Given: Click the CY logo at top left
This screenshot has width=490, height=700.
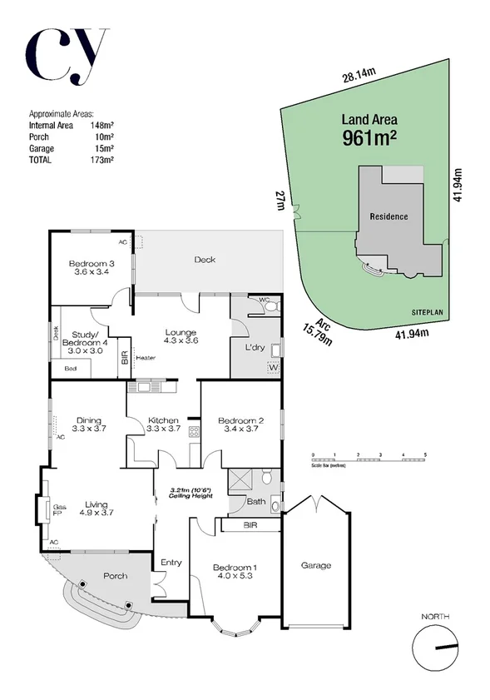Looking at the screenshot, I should pos(67,57).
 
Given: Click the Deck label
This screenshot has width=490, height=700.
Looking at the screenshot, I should pos(205,260).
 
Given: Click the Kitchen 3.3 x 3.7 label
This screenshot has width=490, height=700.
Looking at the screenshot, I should pos(164,424).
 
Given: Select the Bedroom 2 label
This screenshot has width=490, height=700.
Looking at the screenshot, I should pos(240,426).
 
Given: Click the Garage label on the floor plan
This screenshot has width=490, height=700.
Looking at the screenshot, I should pos(315,565).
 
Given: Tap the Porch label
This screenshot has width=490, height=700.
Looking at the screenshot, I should pos(115,576).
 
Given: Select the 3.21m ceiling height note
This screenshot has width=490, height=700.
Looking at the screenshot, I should pos(191,494).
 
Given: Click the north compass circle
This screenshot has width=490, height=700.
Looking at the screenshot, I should pos(436,648).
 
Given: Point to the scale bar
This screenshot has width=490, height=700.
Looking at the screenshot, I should pos(369,459).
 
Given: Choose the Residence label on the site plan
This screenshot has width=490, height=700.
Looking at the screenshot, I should pos(389,216).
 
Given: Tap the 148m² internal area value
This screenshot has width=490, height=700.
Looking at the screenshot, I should pos(101,126).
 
